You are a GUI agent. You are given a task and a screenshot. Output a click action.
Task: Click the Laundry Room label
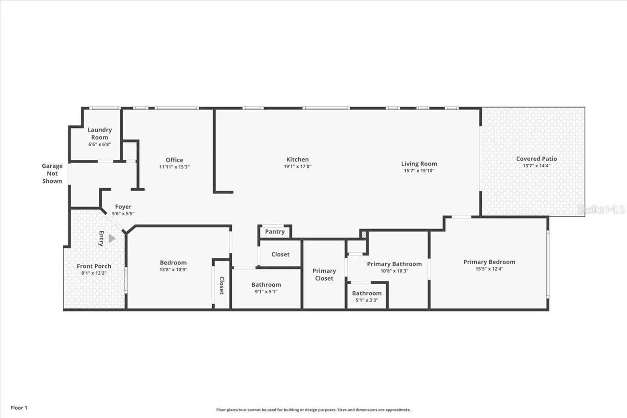pos(100,134)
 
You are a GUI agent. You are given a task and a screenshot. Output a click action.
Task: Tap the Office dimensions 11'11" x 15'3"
pos(174,167)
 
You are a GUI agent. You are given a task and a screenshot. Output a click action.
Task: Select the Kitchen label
pos(297,159)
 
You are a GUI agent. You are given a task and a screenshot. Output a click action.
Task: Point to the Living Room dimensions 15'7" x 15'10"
pos(419,171)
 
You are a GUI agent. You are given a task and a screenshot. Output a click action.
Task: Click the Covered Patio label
pos(537,159)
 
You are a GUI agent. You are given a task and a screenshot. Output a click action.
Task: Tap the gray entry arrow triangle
pos(112,238)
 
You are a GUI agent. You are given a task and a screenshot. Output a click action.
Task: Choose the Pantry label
pos(275,232)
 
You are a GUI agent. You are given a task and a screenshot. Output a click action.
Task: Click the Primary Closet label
pos(324,275)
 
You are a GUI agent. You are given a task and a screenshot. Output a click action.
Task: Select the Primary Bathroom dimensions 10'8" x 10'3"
pos(394,271)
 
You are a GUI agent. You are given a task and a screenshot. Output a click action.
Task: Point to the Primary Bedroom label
pos(489,262)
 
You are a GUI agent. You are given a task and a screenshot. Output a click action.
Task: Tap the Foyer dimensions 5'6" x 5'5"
pos(123,214)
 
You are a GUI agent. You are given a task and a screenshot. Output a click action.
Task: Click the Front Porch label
pos(94,266)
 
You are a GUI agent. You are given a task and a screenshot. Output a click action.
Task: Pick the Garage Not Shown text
pos(52,173)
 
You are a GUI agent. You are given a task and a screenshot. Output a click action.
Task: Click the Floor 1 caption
pos(19,408)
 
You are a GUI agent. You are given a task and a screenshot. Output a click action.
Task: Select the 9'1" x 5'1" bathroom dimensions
pos(266,292)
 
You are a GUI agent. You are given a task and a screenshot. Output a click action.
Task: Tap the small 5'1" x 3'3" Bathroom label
pos(367,293)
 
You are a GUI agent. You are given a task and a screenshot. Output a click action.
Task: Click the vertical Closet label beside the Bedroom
pos(222,285)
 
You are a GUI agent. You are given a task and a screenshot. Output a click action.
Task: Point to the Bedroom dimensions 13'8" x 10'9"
pos(173,270)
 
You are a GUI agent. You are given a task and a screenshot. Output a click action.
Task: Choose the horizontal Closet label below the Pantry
pos(281,254)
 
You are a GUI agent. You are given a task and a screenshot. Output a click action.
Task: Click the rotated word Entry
pos(101,238)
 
